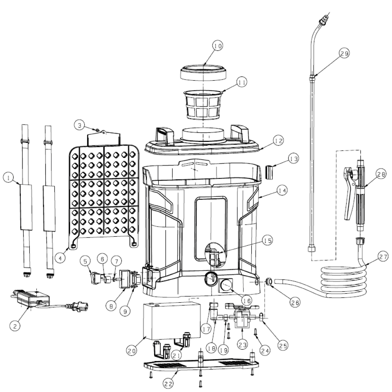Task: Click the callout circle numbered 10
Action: point(218,46)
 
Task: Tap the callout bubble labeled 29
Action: point(344,53)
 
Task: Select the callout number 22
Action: point(168,384)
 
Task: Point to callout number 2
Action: point(15,326)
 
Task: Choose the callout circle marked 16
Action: point(247,301)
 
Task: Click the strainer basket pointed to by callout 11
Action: point(203,105)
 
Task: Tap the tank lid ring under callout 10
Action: point(204,72)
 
